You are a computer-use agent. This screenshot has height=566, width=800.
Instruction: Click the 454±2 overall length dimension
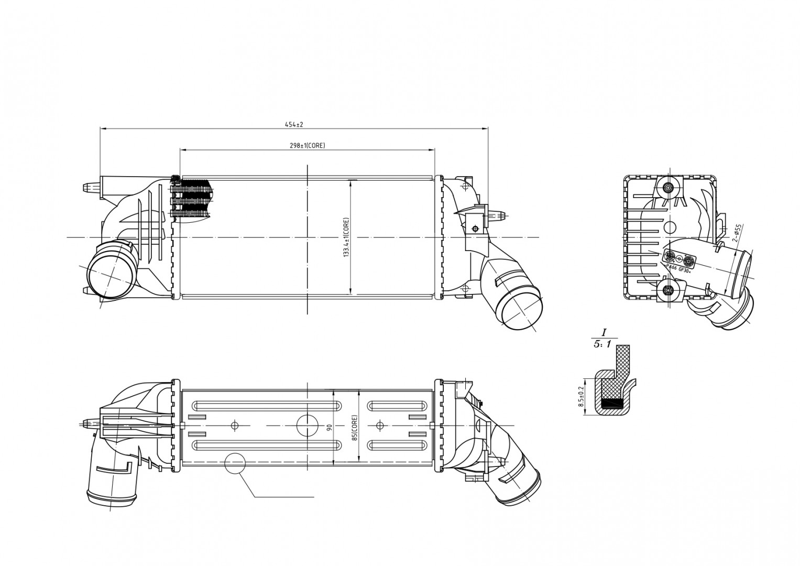294,125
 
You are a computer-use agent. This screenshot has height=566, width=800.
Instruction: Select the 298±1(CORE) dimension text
308,146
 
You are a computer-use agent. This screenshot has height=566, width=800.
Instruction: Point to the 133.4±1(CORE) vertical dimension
346,237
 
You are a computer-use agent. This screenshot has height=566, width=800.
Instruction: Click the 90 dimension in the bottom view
330,427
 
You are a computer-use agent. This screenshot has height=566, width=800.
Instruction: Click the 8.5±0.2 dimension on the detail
580,397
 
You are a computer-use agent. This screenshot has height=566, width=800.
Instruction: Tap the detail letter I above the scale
604,332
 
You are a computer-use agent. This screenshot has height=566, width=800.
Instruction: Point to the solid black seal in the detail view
613,404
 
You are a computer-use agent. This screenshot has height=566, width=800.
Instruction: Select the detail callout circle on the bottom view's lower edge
235,463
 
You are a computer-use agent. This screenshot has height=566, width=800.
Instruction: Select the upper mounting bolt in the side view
668,188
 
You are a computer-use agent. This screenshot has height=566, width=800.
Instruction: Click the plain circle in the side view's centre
670,227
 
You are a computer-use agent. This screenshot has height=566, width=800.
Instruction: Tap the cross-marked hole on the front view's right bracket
475,228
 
